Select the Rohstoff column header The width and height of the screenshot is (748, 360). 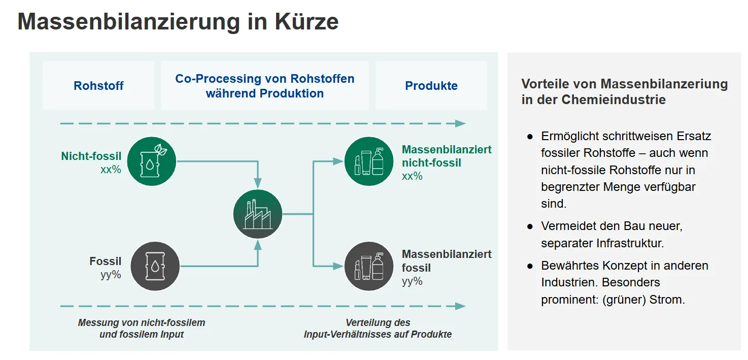[98, 86]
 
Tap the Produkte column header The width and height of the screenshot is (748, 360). [431, 86]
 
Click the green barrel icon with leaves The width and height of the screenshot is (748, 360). [152, 161]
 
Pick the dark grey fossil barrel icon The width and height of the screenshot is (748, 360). [155, 266]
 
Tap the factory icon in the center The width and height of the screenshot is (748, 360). [258, 214]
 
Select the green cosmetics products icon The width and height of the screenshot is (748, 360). [369, 161]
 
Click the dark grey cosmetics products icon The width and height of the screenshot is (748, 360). [369, 266]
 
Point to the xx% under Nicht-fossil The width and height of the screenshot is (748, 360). [111, 170]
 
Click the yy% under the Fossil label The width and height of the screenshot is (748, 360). [111, 275]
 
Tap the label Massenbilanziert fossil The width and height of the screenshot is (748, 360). [446, 260]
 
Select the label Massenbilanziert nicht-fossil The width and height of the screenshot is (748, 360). [446, 156]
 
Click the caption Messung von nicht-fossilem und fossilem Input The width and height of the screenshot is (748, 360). [142, 329]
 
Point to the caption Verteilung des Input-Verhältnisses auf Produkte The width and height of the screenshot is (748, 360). [378, 329]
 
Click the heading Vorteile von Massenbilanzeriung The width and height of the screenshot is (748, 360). [624, 84]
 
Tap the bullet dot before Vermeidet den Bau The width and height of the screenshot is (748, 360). [530, 226]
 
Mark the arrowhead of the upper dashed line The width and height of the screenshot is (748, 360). [460, 123]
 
